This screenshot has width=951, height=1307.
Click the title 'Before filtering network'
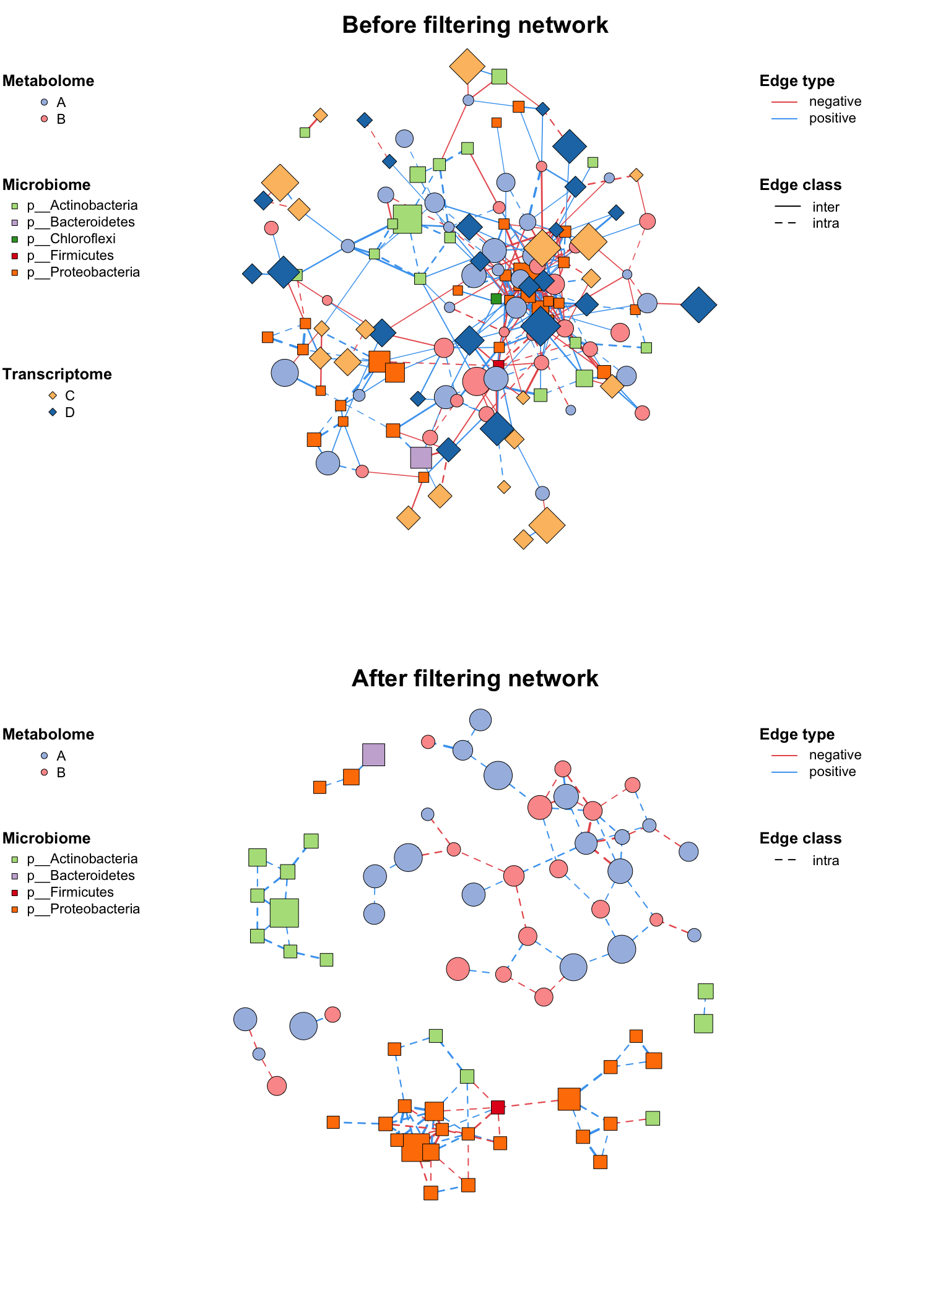[x=475, y=25]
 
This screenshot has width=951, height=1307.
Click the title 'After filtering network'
[x=475, y=679]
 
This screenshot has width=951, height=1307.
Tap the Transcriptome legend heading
[x=57, y=374]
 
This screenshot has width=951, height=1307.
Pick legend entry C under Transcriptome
[x=69, y=395]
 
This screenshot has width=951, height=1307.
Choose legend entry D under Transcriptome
[x=69, y=412]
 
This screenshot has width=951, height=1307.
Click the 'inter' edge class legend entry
[x=825, y=207]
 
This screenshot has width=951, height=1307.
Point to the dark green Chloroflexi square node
[x=496, y=299]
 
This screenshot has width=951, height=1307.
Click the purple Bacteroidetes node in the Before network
[x=421, y=457]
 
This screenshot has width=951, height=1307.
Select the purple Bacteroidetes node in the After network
[x=373, y=754]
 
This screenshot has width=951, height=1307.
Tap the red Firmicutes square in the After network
[x=498, y=1107]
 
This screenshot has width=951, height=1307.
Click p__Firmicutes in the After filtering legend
[x=81, y=892]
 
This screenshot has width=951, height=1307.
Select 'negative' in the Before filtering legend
[x=835, y=101]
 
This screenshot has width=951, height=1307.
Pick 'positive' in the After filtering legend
[x=832, y=772]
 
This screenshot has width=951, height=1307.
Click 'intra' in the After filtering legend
[x=825, y=861]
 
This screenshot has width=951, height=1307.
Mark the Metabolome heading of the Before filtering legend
[x=48, y=81]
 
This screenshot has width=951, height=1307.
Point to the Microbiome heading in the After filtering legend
[x=46, y=839]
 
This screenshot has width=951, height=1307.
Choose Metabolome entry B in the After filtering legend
[x=61, y=772]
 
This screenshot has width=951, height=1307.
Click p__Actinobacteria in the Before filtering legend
[x=93, y=205]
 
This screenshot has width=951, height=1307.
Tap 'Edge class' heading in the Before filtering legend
[x=800, y=185]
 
